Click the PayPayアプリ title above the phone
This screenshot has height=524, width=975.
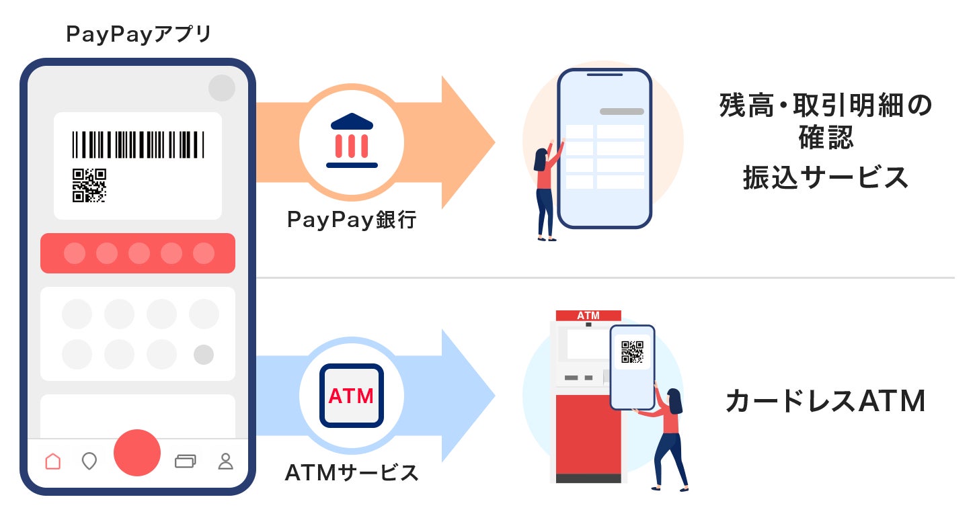tap(139, 35)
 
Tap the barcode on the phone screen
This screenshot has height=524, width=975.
tap(138, 144)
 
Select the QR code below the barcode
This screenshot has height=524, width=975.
tap(89, 185)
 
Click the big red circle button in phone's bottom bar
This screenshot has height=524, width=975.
tap(137, 453)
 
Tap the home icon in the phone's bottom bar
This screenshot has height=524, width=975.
tap(52, 462)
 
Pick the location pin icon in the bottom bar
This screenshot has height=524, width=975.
tap(89, 462)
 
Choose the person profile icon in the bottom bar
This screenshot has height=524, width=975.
tap(225, 461)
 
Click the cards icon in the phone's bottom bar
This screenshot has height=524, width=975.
tap(185, 461)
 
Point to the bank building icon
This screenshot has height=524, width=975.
tap(352, 140)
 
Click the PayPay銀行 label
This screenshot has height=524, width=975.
tap(352, 220)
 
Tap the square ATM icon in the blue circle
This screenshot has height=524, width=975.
tap(351, 396)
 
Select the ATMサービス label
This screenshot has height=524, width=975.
tap(352, 473)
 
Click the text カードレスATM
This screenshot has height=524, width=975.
tap(826, 402)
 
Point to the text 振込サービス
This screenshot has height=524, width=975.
tap(826, 177)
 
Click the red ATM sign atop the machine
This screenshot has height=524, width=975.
tap(588, 315)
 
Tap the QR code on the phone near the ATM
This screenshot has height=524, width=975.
tap(632, 352)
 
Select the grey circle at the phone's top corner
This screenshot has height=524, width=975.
tap(222, 88)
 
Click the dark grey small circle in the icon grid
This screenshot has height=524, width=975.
tap(204, 355)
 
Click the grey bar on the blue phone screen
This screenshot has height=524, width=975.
tap(621, 112)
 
